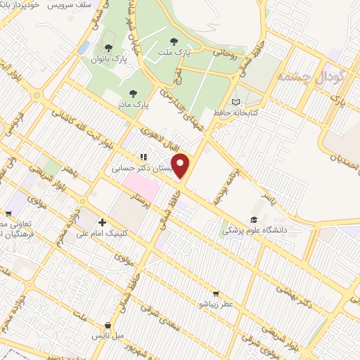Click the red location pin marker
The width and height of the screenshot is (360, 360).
pyautogui.click(x=181, y=165)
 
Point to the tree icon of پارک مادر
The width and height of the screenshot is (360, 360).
pyautogui.click(x=131, y=92)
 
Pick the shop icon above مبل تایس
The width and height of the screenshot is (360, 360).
pyautogui.click(x=107, y=326)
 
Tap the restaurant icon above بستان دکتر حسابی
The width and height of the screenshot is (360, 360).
pyautogui.click(x=143, y=157)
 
